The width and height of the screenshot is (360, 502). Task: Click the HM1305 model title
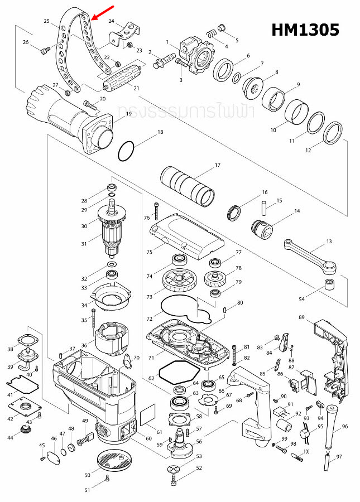305,30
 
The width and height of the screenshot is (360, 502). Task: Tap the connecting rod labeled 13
310,255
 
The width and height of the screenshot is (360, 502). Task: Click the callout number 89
301,317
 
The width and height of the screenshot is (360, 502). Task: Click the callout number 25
46,21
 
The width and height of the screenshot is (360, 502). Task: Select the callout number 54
301,300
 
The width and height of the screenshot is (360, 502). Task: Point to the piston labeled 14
262,228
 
